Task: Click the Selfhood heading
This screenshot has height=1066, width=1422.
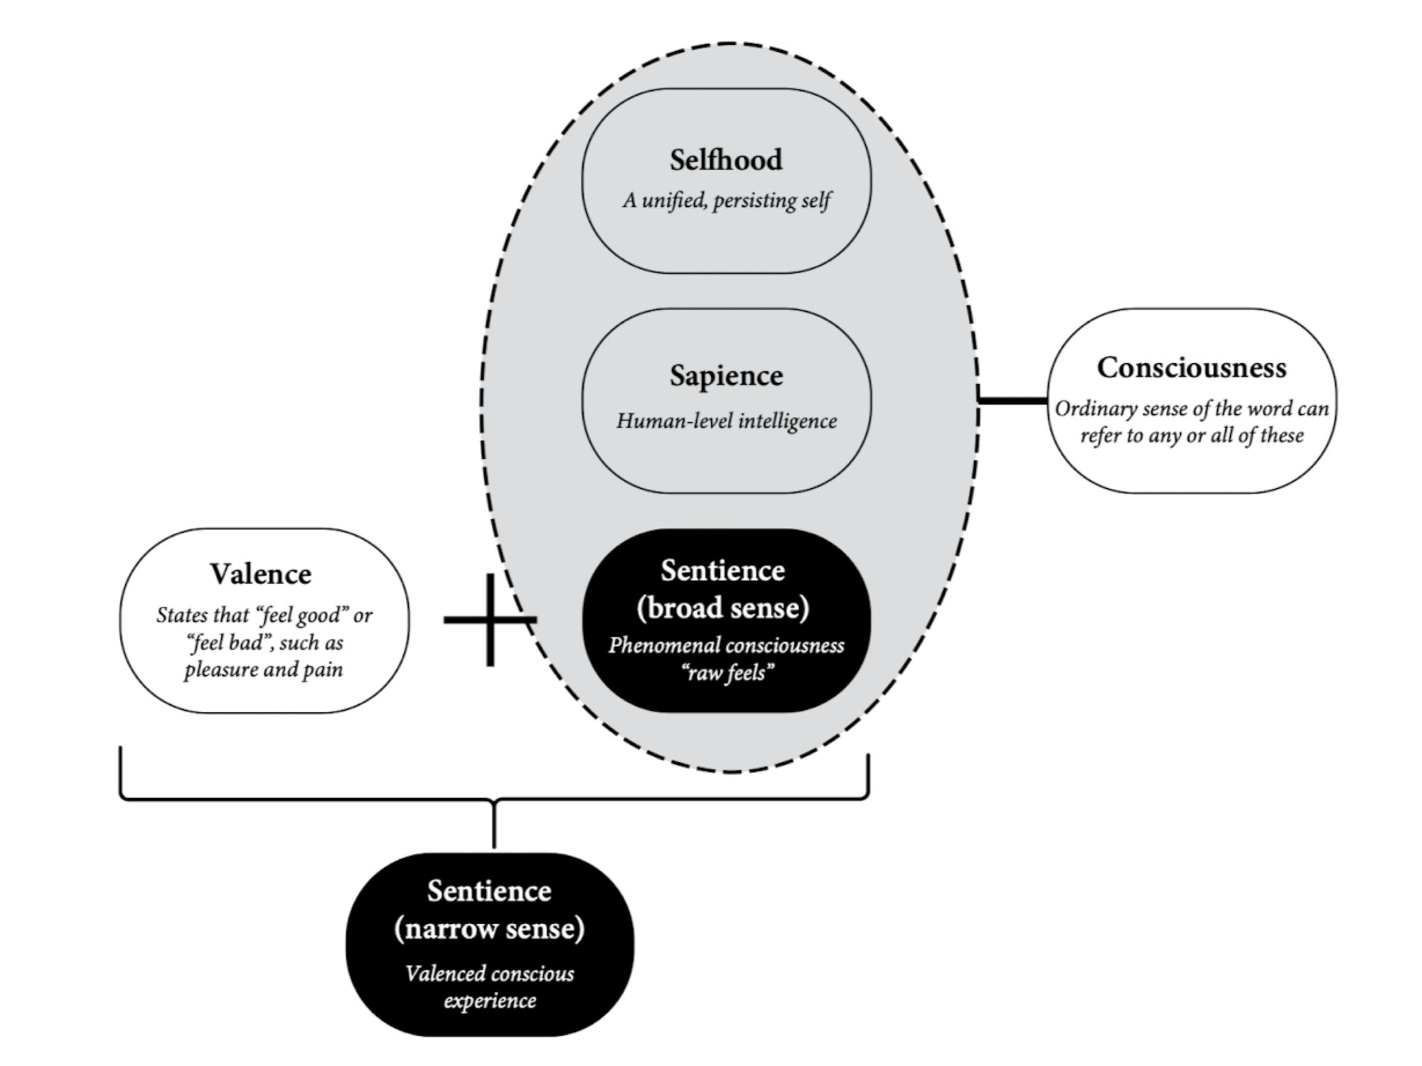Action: click(x=726, y=160)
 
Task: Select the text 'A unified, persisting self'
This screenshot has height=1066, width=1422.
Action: click(x=726, y=200)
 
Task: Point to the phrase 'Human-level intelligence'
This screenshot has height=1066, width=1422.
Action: click(x=726, y=421)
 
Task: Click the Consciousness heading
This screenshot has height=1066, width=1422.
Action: click(x=1192, y=367)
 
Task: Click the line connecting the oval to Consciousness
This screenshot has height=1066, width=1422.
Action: click(x=1013, y=401)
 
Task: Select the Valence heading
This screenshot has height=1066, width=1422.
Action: click(x=260, y=574)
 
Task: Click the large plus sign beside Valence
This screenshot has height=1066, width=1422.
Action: click(x=490, y=620)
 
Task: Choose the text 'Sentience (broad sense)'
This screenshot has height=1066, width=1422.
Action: click(x=723, y=589)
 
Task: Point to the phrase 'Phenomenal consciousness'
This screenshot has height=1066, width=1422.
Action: click(x=726, y=645)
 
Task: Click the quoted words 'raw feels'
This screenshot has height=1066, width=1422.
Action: click(x=727, y=672)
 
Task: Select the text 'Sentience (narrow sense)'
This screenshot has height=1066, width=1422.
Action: click(x=489, y=910)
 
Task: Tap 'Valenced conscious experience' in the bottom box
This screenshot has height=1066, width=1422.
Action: click(x=490, y=987)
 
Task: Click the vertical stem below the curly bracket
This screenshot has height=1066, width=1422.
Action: click(x=493, y=824)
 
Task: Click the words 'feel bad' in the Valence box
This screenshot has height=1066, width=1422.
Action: click(x=229, y=642)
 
